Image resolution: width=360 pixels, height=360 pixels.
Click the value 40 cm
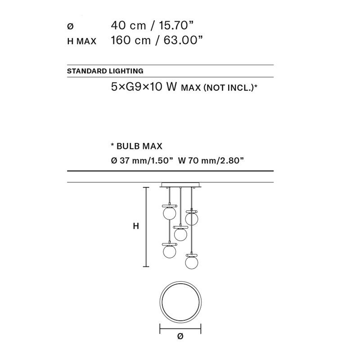pos(128,25)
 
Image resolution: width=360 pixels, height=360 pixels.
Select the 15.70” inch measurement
pos(176,25)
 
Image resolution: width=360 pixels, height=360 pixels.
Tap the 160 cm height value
pos(130,40)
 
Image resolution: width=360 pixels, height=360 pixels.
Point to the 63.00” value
pos(183,40)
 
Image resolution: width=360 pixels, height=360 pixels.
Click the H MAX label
pos(82,41)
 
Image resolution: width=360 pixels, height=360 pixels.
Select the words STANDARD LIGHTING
pos(105,71)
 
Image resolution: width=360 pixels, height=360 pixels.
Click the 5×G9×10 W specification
pos(144,87)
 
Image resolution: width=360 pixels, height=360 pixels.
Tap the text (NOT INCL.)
pos(229,87)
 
